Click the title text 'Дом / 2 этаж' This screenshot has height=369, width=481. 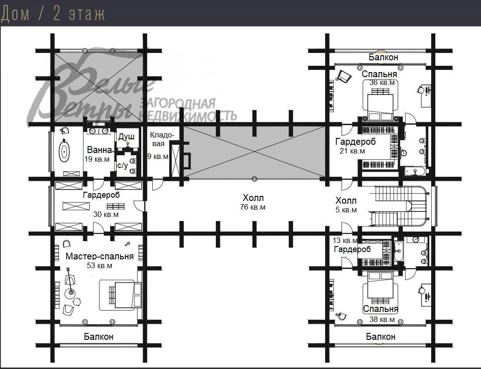coord(53,14)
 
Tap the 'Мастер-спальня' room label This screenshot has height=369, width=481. coord(100,256)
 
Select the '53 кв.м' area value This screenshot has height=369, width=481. coord(99,265)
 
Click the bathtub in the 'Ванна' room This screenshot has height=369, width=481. coord(64,151)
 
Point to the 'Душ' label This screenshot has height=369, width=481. coord(126,137)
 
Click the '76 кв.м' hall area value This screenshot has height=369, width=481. coord(253,207)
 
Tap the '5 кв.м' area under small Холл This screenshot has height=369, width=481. coord(346,210)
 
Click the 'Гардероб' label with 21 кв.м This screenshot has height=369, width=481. coord(356,142)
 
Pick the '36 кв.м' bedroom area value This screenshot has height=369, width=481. coord(382,83)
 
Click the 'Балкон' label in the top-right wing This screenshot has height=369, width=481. coord(384,57)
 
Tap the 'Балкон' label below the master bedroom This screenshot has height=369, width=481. coord(98,337)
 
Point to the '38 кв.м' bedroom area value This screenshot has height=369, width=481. coord(382,319)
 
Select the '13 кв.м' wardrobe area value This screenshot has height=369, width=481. coord(345,240)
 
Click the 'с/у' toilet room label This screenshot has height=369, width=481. coord(123,165)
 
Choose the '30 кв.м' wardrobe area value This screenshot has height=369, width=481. coord(106,214)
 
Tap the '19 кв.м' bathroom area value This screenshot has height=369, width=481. coord(97,159)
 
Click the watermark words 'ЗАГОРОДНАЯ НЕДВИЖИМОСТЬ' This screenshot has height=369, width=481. coord(187,110)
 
